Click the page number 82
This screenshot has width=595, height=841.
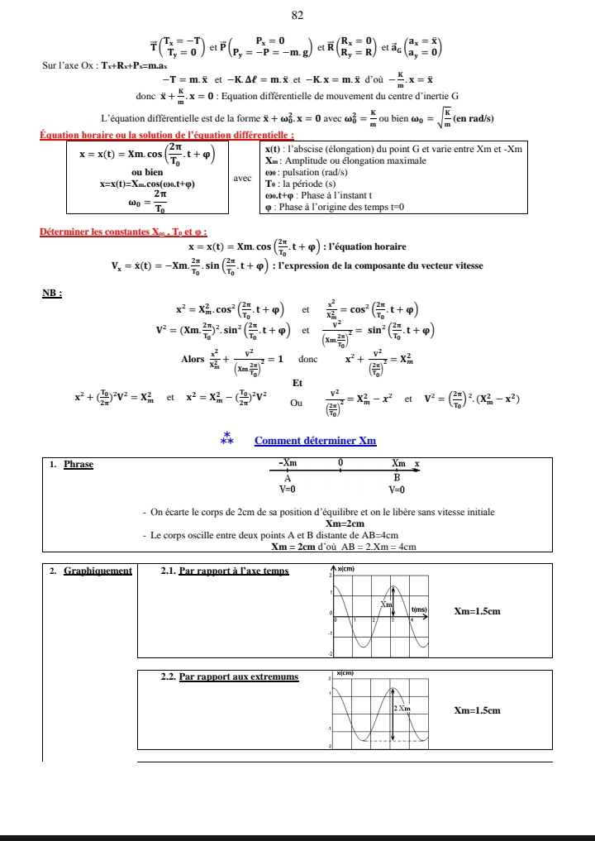[x=297, y=14]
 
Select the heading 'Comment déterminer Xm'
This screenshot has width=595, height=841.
[x=315, y=441]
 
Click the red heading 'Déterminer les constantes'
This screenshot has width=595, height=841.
[x=124, y=232]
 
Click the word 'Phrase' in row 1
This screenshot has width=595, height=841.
[x=79, y=464]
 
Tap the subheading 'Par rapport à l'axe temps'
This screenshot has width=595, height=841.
[x=234, y=571]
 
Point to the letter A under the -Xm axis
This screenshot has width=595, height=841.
[x=288, y=476]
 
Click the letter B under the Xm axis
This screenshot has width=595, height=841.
[x=397, y=476]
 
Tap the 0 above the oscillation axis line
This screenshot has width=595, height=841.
[x=340, y=463]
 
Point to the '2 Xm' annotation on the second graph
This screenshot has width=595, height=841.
[x=402, y=709]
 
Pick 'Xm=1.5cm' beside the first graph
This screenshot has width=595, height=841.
[x=478, y=611]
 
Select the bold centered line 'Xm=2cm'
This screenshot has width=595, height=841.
[x=345, y=523]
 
